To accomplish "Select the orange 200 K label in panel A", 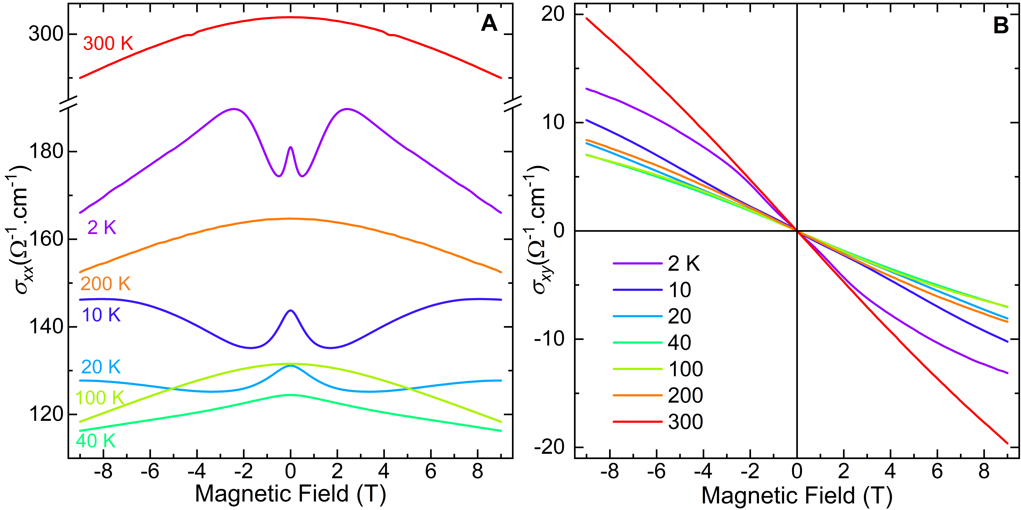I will (105, 284).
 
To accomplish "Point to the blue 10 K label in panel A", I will (101, 315).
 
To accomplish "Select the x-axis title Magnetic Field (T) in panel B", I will (797, 495).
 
